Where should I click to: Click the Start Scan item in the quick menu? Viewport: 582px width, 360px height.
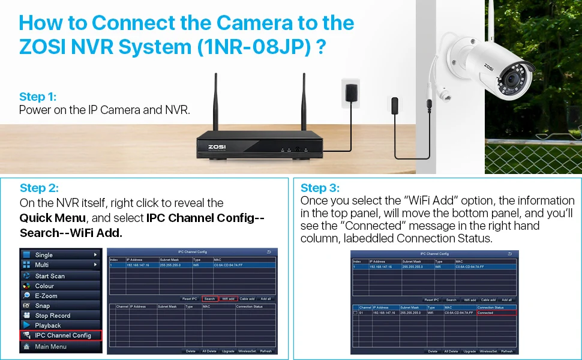point(50,276)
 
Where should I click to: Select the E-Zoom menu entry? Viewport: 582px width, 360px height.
point(46,296)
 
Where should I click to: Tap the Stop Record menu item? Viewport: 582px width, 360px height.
point(52,316)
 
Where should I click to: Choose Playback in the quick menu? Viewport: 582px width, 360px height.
point(48,325)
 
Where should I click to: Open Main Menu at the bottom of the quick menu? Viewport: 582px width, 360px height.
point(50,346)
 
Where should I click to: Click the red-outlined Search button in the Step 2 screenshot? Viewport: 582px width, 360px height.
point(209,298)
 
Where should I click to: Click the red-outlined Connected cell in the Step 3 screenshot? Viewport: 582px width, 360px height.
point(496,313)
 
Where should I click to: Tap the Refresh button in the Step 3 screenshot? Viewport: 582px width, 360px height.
point(507,351)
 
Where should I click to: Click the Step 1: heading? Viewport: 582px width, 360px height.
point(38,97)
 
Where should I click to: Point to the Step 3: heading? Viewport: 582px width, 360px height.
point(320,188)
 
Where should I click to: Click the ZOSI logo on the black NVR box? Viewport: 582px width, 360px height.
point(217,145)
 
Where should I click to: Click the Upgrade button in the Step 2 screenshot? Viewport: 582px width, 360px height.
point(228,351)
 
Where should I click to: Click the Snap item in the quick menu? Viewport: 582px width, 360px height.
point(43,305)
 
